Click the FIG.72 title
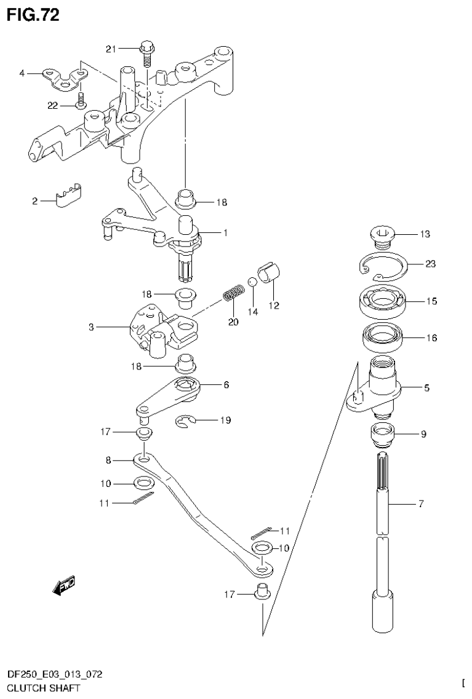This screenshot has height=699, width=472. tap(33, 15)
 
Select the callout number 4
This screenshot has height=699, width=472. tap(22, 73)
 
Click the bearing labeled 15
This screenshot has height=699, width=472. tap(381, 301)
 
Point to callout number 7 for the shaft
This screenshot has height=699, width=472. tap(421, 504)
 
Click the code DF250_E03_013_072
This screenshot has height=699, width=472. tap(55, 675)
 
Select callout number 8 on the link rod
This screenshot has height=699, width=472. tap(108, 459)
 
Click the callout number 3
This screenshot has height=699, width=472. tap(91, 328)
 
